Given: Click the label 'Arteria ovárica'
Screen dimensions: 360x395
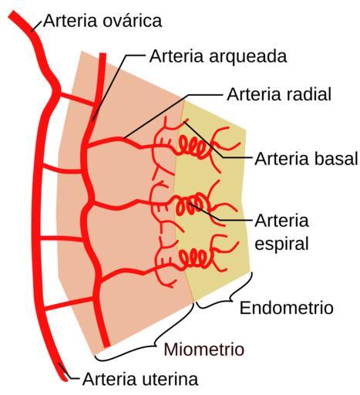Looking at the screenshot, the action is click(x=103, y=21).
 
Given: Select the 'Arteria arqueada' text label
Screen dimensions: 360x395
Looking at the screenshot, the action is click(x=218, y=56).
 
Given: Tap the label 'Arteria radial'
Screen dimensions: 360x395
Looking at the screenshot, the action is click(x=279, y=94).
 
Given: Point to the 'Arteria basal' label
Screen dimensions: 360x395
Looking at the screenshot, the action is click(x=306, y=159).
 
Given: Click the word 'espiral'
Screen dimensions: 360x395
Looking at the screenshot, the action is click(x=281, y=245).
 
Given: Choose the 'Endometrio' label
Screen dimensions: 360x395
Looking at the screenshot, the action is click(x=287, y=308).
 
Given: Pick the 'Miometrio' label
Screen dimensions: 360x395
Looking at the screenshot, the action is click(x=204, y=349).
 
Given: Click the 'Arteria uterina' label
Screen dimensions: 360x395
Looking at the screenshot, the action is click(x=140, y=379).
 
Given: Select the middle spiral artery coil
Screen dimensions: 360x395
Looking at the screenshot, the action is click(x=191, y=204).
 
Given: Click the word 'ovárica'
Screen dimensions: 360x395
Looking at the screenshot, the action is click(x=133, y=21).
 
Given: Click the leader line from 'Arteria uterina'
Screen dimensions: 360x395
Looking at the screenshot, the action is click(x=68, y=373).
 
